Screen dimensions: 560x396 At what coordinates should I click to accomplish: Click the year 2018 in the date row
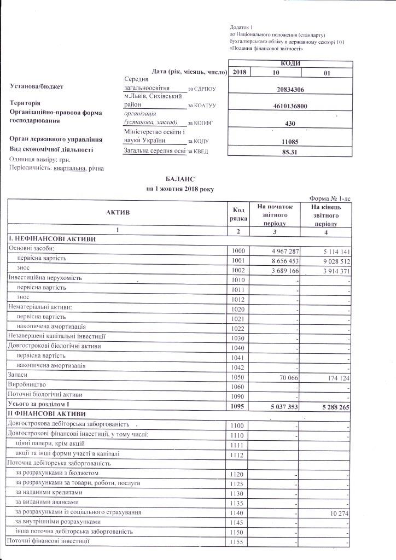click(240, 72)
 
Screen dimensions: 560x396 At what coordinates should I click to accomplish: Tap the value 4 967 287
click(279, 250)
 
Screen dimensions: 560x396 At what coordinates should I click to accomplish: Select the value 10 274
click(337, 512)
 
